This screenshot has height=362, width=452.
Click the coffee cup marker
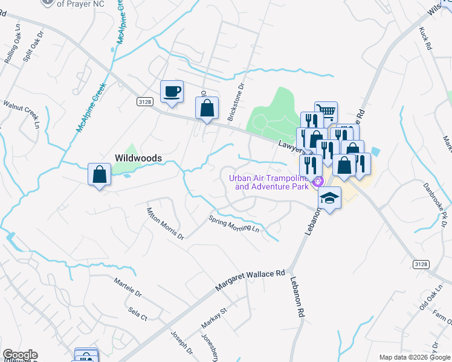pos(172,92)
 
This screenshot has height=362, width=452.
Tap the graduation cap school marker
pos(329,198)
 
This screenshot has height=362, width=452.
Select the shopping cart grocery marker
pos(326,112)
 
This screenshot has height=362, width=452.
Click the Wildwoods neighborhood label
pos(138,158)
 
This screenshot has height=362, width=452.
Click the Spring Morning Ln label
pos(234,224)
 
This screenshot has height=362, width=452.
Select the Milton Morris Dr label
pos(165,223)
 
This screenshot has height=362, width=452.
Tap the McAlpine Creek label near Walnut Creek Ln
pos(86,109)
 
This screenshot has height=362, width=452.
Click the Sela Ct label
pos(138,313)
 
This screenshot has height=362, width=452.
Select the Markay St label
pos(213,318)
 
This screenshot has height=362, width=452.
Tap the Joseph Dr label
pos(181,341)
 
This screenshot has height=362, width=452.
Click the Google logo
pos(20,355)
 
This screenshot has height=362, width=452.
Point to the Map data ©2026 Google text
pos(414,357)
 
